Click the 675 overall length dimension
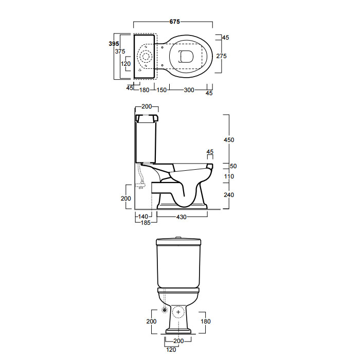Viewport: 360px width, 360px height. click(174, 22)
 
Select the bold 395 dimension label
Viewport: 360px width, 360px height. click(114, 44)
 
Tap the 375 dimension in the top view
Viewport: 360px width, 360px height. click(120, 51)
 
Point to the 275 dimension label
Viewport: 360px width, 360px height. click(221, 56)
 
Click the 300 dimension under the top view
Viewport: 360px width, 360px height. click(189, 90)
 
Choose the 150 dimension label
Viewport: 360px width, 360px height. click(161, 90)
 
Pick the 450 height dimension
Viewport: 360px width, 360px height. click(229, 140)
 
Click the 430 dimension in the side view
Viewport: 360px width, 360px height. click(182, 217)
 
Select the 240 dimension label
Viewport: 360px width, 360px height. click(229, 195)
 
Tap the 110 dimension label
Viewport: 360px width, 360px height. click(229, 176)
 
